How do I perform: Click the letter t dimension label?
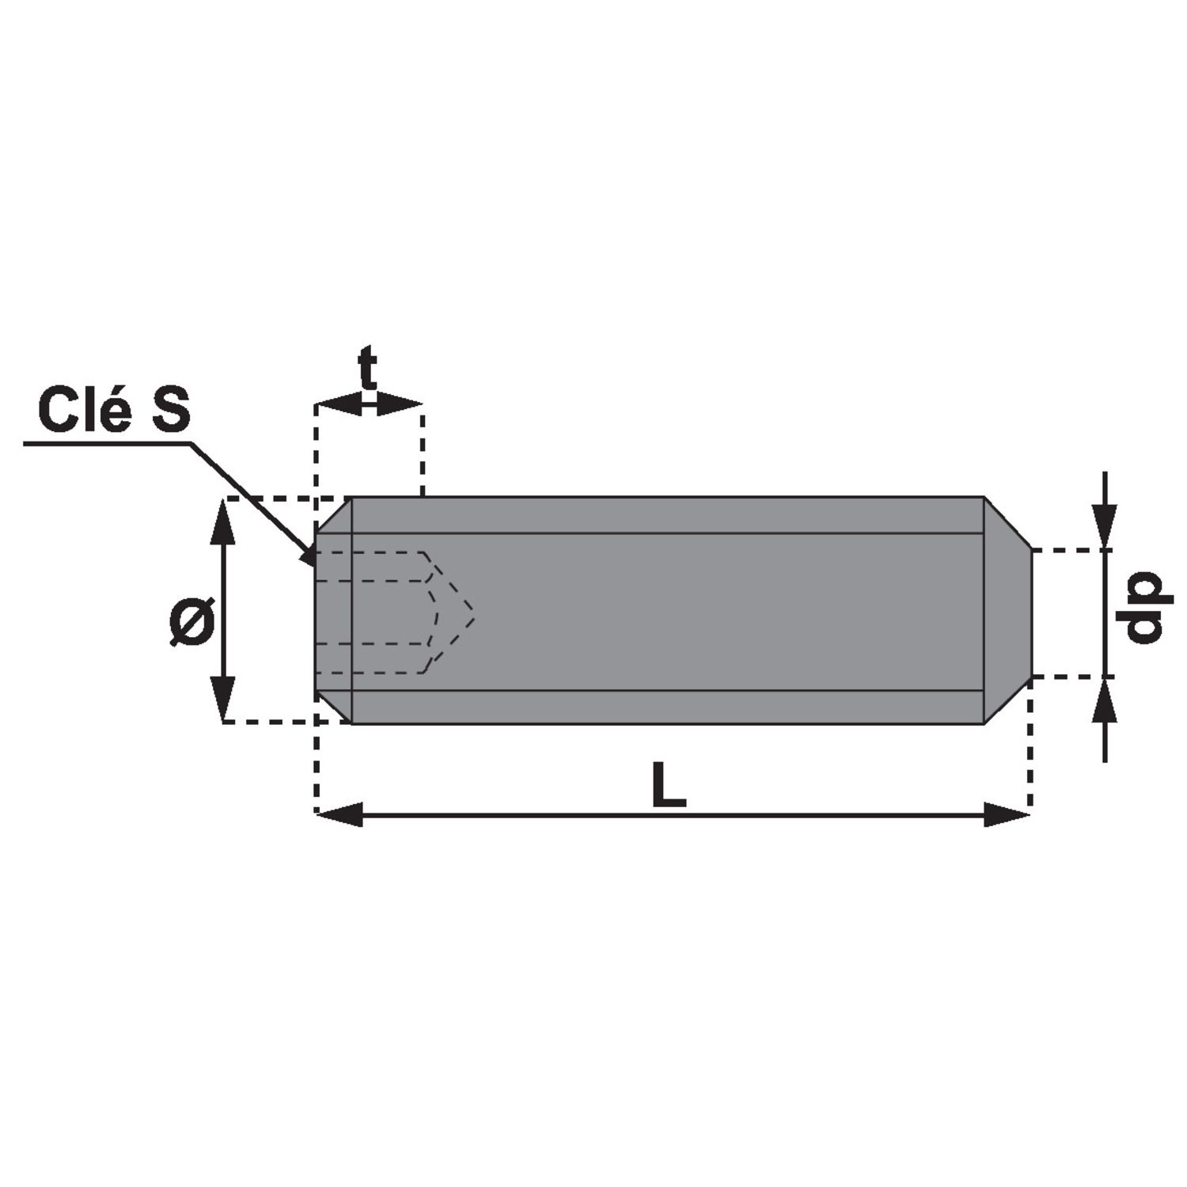pos(368,368)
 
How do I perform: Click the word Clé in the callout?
pos(84,409)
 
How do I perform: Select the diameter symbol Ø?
pos(192,621)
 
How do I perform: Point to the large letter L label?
pos(669,785)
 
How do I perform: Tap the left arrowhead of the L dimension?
pos(339,814)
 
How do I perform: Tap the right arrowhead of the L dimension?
pos(1007,814)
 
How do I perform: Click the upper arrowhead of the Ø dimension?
pos(225,521)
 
